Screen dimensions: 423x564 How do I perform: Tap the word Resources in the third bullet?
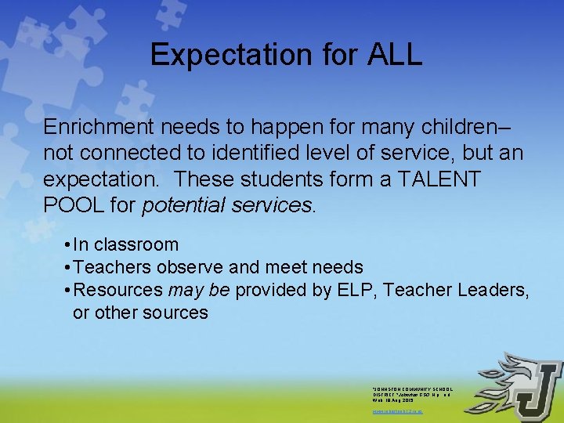(x=117, y=290)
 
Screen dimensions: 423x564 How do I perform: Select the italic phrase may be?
(x=199, y=291)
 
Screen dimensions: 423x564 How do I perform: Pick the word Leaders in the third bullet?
(x=497, y=290)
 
